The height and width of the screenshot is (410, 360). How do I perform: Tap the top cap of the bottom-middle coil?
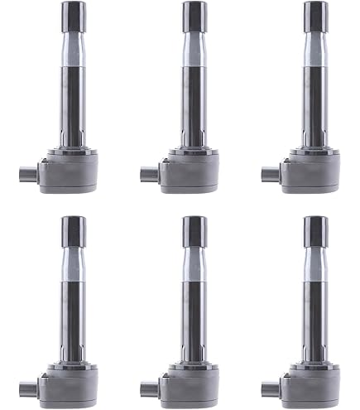point(195,229)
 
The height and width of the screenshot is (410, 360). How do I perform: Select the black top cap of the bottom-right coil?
point(315,229)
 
